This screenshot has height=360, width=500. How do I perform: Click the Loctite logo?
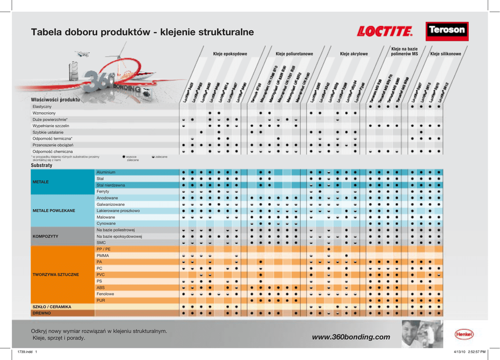point(385,32)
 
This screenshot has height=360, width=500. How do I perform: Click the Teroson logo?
point(447,30)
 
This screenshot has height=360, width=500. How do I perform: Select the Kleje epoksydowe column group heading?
point(230,54)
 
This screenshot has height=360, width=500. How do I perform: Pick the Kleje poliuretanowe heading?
point(294,54)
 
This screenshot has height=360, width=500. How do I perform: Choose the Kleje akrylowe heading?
point(354,54)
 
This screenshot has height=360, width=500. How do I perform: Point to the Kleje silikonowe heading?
point(445,54)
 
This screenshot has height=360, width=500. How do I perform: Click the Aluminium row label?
point(106,172)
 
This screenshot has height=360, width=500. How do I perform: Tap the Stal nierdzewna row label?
point(111,185)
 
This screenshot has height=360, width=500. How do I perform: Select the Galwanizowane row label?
point(110,204)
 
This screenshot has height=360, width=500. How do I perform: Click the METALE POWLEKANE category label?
point(54,211)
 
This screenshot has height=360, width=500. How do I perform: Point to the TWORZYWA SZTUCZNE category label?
point(56,275)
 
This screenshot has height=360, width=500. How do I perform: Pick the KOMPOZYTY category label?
point(45,236)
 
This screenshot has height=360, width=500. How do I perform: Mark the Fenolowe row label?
point(105,294)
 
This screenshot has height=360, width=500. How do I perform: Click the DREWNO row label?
point(42,313)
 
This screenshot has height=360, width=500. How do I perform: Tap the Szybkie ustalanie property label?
point(48,132)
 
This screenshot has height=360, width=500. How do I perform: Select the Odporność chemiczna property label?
point(52,151)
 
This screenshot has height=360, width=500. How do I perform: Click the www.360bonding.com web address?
point(351,337)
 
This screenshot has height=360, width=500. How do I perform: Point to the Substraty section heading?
point(42,165)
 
